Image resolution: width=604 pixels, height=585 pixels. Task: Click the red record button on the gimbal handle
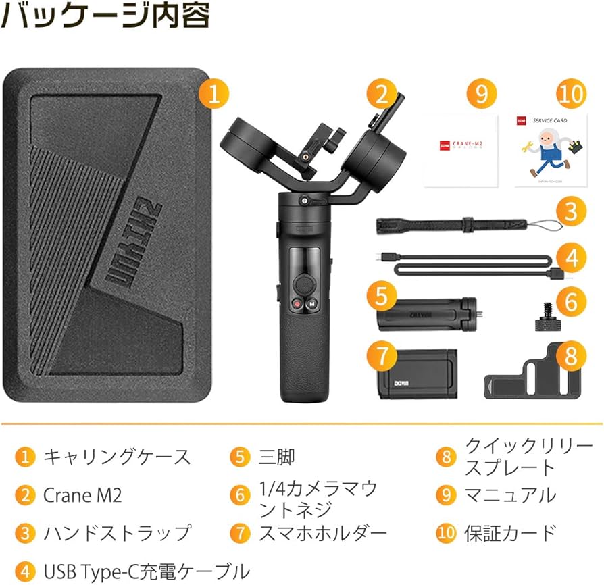(x=297, y=303)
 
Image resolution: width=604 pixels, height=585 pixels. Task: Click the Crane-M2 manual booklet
(x=461, y=151)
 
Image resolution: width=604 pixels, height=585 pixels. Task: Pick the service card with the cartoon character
(x=549, y=151)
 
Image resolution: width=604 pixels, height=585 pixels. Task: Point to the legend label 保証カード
(x=510, y=532)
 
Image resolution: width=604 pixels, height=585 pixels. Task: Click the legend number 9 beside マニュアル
(x=445, y=495)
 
